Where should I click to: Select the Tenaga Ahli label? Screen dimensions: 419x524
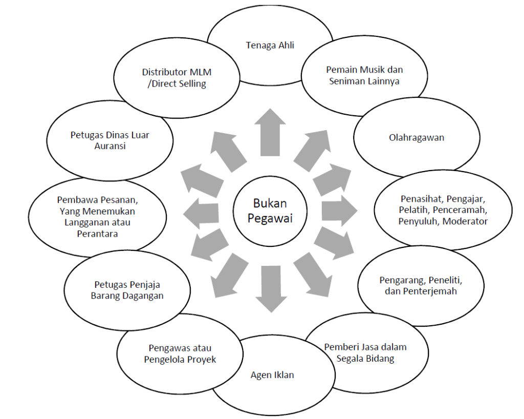[270, 45]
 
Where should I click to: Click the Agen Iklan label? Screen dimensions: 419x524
[272, 374]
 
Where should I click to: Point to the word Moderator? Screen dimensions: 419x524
[465, 221]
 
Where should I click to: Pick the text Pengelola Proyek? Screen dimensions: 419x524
[180, 359]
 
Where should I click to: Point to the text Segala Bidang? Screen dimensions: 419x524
[365, 358]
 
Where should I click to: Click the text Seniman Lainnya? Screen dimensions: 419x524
[364, 80]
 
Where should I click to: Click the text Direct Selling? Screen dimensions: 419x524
[178, 84]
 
